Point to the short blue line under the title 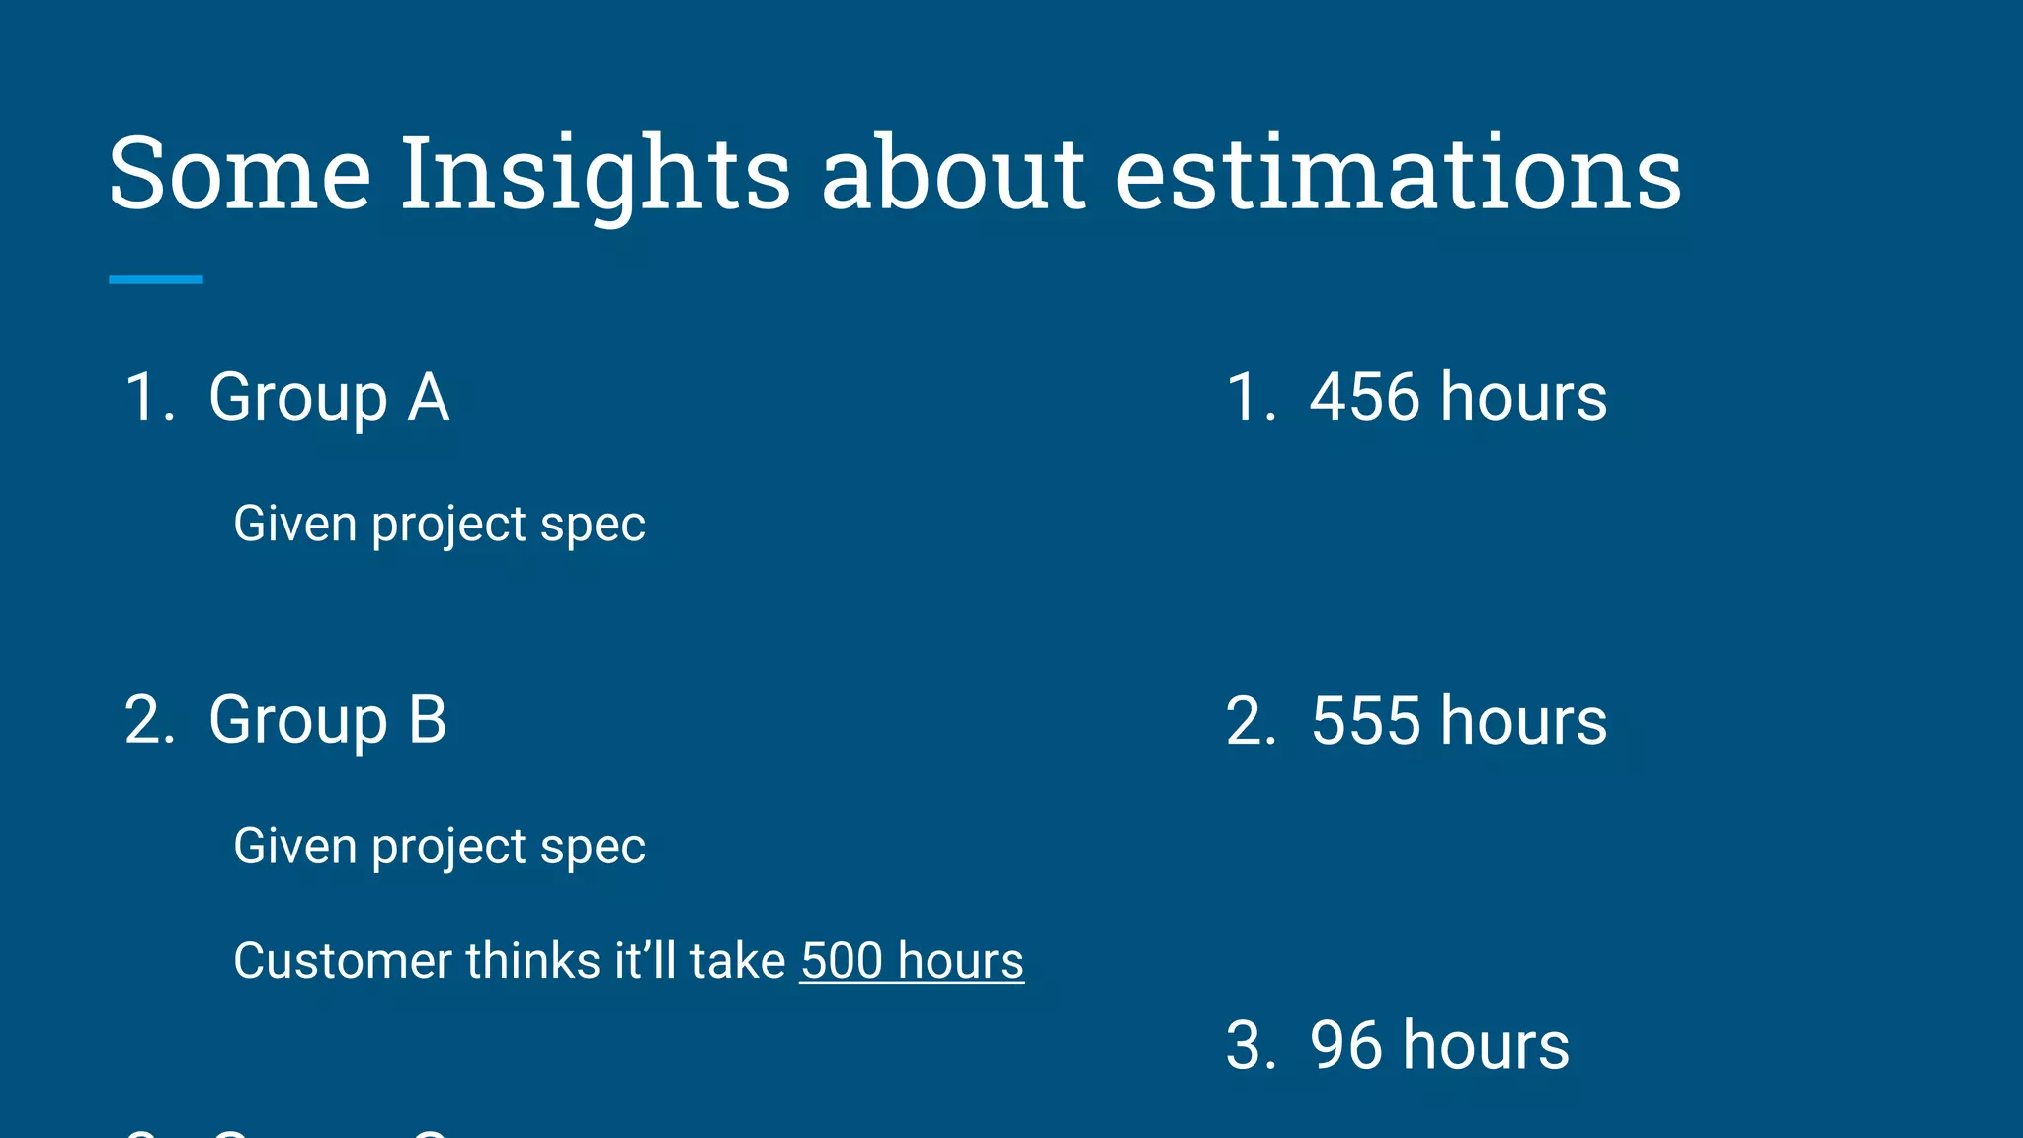156,280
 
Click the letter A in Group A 429,397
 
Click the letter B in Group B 427,719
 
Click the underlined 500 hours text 912,961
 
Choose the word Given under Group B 294,847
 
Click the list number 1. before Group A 149,397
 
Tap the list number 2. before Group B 149,719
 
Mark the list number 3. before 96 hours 1251,1045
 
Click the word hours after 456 1523,397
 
